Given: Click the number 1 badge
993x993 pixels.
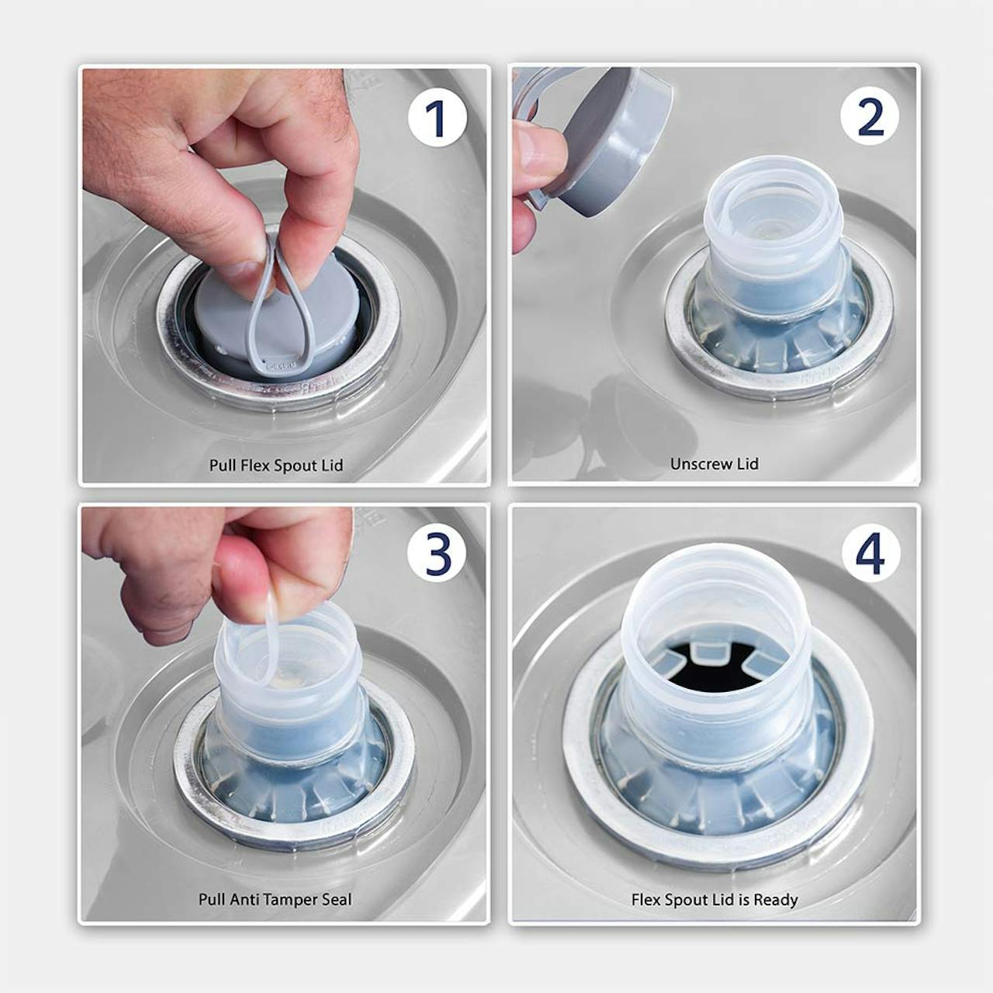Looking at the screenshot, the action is (437, 119).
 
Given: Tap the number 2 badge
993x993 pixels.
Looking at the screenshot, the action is (870, 116).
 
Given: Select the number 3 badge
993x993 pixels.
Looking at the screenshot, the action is (437, 555).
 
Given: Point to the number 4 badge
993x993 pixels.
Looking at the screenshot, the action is (871, 554).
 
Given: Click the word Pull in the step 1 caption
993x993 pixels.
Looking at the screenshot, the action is (220, 465).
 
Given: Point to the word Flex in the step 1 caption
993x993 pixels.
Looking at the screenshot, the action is (253, 465).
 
